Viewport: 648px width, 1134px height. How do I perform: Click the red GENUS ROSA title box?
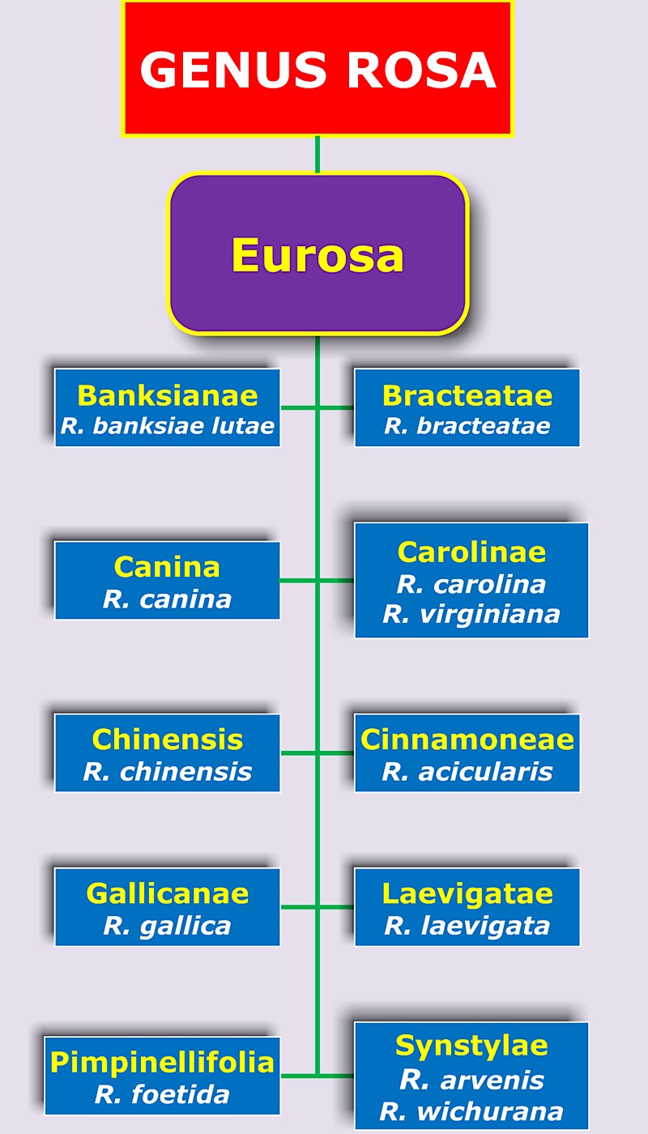click(x=318, y=69)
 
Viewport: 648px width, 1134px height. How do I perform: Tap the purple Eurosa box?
click(x=318, y=254)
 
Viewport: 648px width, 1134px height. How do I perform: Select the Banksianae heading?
click(x=168, y=395)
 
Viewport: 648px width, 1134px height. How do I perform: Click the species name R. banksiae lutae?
click(x=168, y=426)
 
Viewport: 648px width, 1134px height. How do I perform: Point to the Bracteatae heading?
click(x=467, y=395)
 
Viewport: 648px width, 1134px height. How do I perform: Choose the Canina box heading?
click(x=168, y=566)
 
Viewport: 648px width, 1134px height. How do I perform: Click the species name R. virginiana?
click(x=471, y=614)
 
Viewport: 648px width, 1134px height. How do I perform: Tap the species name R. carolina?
click(x=471, y=583)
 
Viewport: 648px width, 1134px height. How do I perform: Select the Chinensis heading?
click(x=168, y=739)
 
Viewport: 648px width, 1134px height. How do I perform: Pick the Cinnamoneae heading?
click(x=467, y=739)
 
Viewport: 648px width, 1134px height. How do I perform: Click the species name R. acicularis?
click(x=467, y=771)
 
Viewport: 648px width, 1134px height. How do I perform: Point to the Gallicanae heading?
click(x=168, y=893)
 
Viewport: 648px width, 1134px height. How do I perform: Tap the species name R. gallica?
click(x=168, y=925)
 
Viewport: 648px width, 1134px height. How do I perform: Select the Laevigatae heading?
click(x=467, y=893)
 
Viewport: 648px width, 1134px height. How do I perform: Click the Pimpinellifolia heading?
click(x=163, y=1062)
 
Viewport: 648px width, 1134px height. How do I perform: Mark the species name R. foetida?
click(x=163, y=1094)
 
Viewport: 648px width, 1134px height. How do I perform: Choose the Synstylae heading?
click(x=471, y=1046)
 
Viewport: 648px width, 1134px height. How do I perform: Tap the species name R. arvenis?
click(x=471, y=1079)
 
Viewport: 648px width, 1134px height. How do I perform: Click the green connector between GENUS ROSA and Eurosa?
click(x=318, y=154)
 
